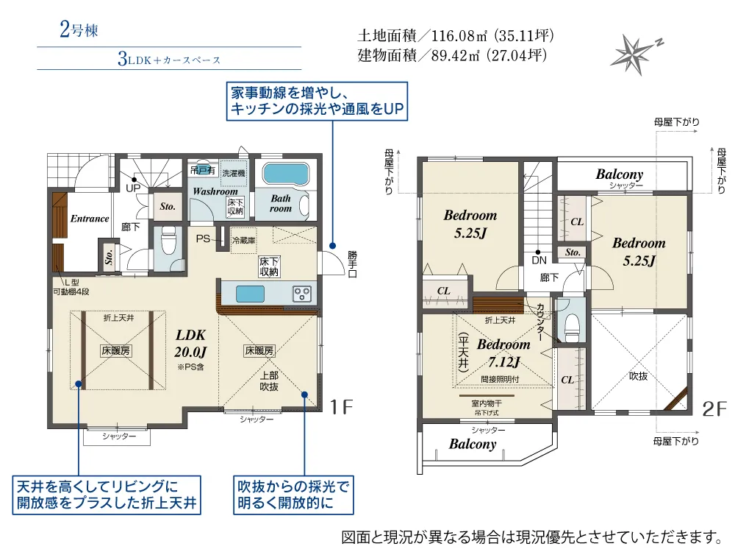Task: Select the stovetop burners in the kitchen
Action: point(302,293)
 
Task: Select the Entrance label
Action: point(90,219)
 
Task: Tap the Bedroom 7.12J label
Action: point(503,353)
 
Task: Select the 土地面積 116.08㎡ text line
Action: point(455,35)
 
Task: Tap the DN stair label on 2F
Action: point(539,260)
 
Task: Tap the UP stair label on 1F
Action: point(132,188)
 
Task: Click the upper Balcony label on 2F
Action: point(619,174)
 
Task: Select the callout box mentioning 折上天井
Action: point(107,495)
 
